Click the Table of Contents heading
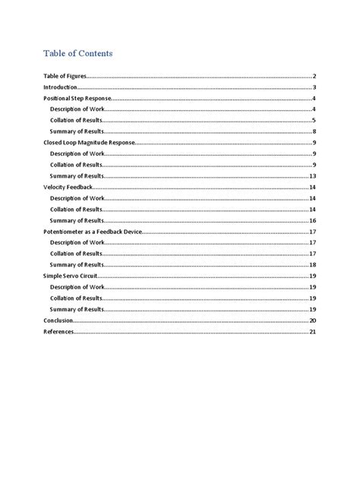pos(77,53)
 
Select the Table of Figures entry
pos(65,77)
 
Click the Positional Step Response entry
pos(77,99)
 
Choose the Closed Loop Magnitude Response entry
pos(89,143)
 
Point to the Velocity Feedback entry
pos(68,187)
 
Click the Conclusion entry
pos(58,321)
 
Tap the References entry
pos(58,332)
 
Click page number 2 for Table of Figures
pos(314,77)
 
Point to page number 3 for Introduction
pos(314,88)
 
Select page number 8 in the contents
pos(314,132)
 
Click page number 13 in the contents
pos(313,176)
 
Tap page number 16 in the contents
pos(313,220)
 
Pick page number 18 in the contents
pos(313,264)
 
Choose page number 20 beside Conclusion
pos(313,321)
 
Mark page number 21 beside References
pos(313,332)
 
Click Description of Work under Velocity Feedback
pos(77,198)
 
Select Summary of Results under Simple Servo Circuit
pos(77,309)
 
